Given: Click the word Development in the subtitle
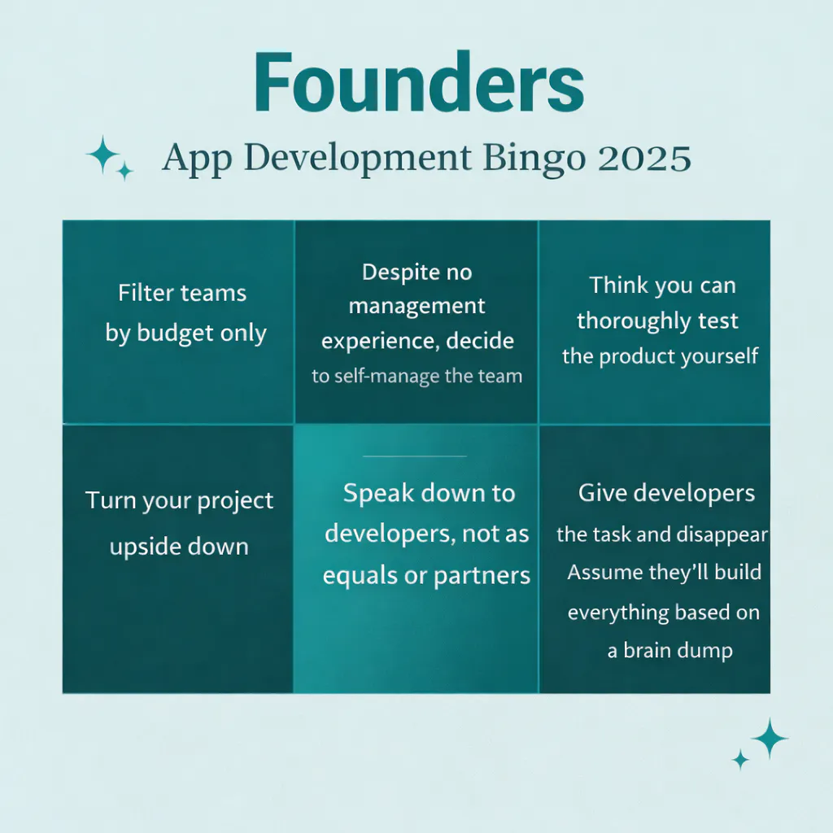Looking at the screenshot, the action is (358, 159).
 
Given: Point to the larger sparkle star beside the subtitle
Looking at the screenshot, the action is (103, 155).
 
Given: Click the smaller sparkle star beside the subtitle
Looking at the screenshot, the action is (124, 171).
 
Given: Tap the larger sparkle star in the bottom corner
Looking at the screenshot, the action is (770, 739).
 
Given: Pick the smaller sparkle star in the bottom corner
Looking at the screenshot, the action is (740, 760).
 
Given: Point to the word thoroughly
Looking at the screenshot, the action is (624, 321).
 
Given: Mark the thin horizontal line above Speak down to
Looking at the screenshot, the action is (415, 456).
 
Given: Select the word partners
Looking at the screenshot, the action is (482, 576).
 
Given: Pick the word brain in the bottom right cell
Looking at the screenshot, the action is (647, 650).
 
